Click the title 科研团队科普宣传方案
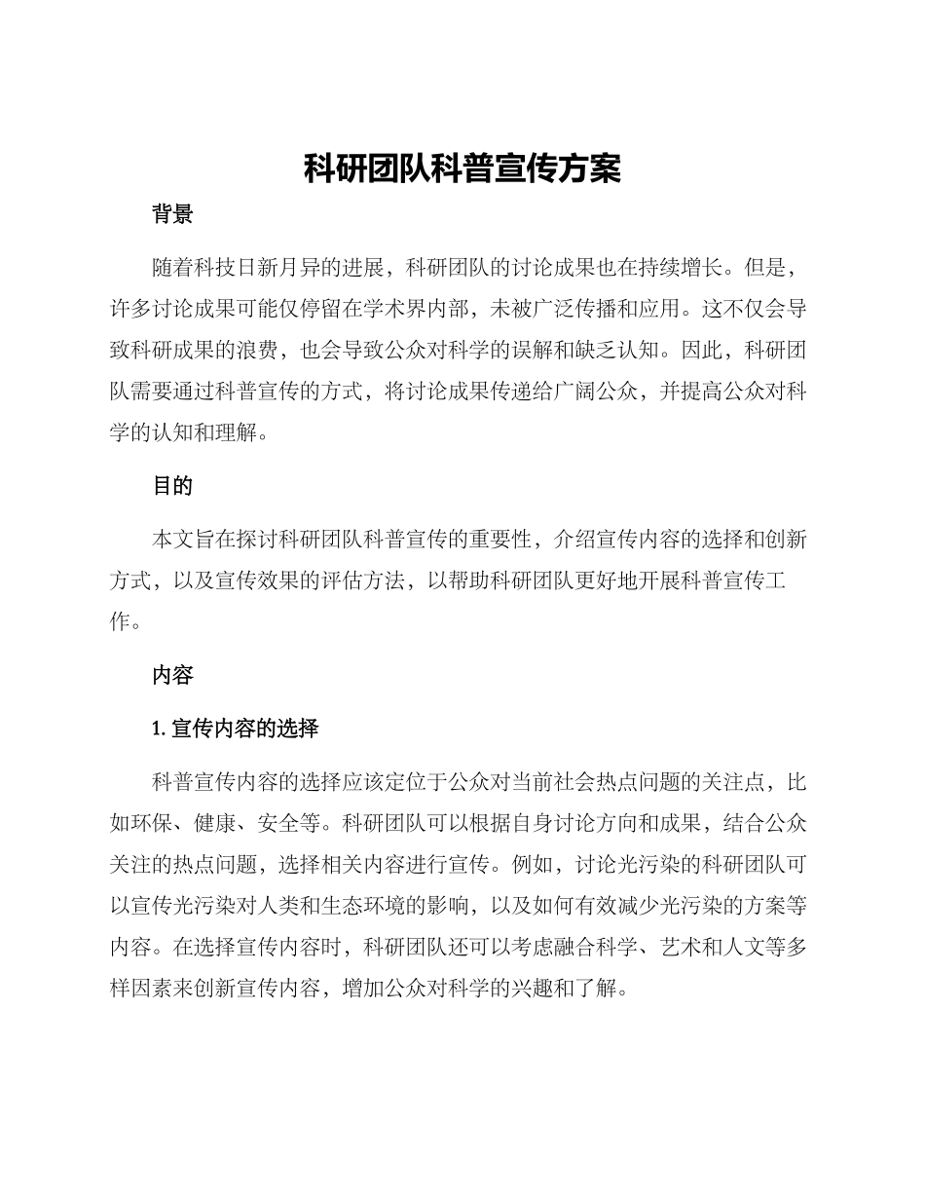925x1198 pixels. [462, 168]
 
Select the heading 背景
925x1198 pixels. [172, 216]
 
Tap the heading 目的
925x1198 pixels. [172, 486]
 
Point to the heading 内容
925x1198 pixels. [172, 675]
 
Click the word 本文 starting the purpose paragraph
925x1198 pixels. [172, 539]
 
